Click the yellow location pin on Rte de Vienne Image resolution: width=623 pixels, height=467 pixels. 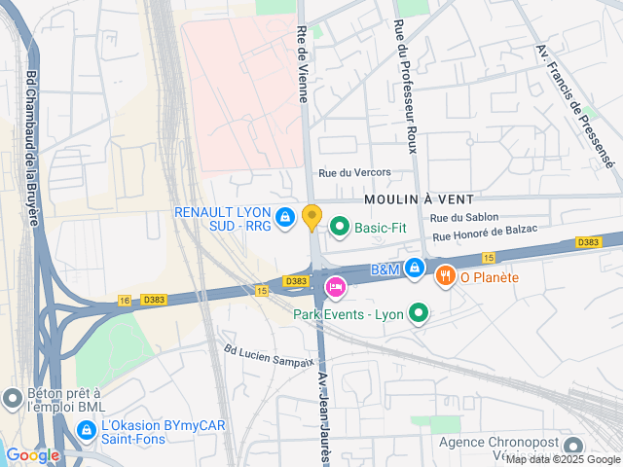coord(311,217)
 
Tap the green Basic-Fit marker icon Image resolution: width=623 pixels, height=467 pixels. coord(340,228)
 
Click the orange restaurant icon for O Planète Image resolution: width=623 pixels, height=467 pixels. coord(446,276)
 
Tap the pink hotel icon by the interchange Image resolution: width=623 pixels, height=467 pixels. coord(335,287)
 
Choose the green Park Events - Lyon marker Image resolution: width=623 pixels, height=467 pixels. coord(419,313)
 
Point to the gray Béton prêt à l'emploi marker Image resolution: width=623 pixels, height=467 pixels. coord(13,398)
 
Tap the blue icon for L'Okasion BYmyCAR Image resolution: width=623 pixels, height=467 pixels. coord(88,426)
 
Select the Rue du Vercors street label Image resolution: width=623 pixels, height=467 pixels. coord(354,172)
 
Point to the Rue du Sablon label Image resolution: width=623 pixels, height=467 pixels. coord(464,218)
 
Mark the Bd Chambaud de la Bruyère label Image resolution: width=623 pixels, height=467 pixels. coord(32,147)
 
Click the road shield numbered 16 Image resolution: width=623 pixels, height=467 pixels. coord(125,301)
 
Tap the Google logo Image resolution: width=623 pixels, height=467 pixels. coord(32,454)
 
